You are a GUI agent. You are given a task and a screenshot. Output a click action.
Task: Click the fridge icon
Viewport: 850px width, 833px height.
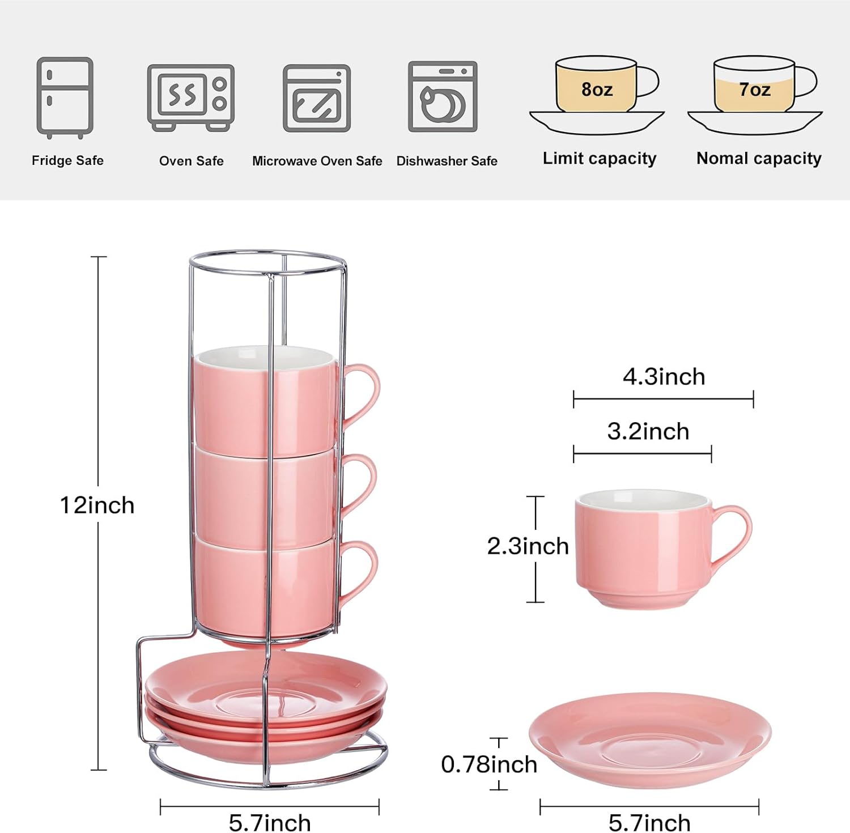(x=65, y=97)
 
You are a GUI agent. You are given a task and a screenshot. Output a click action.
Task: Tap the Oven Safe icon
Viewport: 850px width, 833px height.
(x=190, y=97)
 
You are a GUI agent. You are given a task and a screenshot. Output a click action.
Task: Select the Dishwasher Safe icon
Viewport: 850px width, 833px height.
(x=443, y=96)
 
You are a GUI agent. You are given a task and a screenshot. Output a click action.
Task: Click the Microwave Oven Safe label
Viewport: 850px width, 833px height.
(x=317, y=161)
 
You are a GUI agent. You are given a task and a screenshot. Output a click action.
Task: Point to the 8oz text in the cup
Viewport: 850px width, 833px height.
(x=597, y=90)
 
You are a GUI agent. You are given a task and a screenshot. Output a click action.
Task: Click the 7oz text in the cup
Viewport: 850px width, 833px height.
(x=754, y=90)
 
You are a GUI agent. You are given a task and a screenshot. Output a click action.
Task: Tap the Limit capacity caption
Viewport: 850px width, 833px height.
(x=599, y=159)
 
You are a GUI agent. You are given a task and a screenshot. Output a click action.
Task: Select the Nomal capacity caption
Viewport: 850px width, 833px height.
(x=759, y=159)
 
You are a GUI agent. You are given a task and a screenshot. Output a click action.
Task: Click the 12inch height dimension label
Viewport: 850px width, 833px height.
(x=97, y=505)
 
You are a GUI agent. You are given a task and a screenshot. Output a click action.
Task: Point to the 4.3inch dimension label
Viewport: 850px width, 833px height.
(x=664, y=377)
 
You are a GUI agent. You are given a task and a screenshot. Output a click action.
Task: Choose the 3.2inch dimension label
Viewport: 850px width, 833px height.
(x=648, y=432)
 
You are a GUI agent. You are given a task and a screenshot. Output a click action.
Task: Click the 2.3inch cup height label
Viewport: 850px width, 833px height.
(x=528, y=546)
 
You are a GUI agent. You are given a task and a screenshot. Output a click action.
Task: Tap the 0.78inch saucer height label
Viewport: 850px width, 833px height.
(x=488, y=764)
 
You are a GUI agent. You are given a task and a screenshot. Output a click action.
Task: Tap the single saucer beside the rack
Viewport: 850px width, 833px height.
(x=650, y=739)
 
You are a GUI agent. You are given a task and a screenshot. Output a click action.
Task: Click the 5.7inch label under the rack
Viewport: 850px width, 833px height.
(x=270, y=822)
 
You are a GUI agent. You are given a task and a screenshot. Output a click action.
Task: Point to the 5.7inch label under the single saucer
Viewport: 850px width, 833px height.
(x=649, y=822)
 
